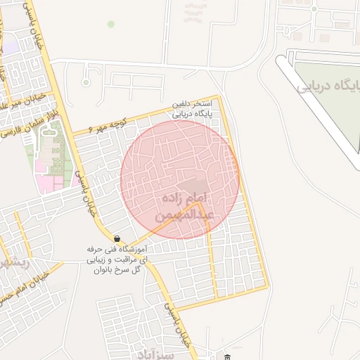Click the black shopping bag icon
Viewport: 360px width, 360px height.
(117, 238)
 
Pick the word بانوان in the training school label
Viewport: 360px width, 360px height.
(103, 270)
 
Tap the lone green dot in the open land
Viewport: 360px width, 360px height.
(110, 24)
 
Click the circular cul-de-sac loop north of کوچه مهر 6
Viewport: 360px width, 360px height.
(86, 82)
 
